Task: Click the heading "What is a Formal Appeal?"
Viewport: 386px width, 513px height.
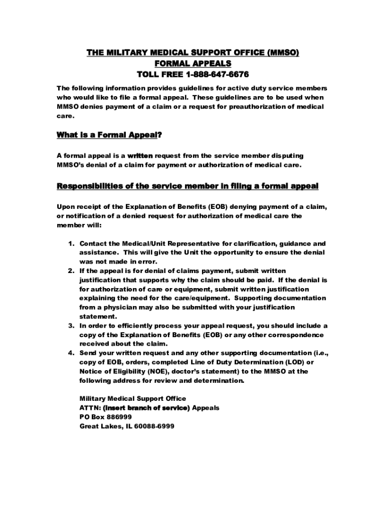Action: (x=110, y=135)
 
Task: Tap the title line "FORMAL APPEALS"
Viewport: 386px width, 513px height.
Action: (x=193, y=64)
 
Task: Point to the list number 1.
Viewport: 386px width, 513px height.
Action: (x=71, y=243)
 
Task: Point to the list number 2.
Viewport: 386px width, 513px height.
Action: (x=71, y=271)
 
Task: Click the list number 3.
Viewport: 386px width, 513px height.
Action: (x=71, y=326)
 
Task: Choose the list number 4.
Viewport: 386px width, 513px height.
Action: (x=71, y=353)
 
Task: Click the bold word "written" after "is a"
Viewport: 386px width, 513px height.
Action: (x=140, y=156)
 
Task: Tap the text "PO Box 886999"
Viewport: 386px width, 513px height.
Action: (x=106, y=417)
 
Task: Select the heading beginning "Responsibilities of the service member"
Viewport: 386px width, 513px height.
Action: (x=187, y=186)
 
